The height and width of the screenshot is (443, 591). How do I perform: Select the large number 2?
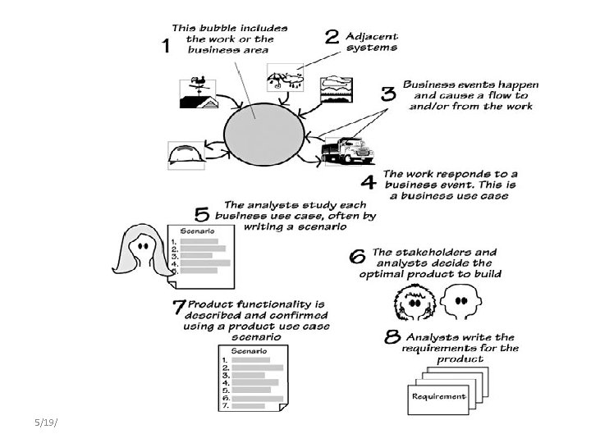click(332, 37)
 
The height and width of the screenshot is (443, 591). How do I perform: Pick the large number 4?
click(369, 180)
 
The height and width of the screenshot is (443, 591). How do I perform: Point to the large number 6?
click(358, 257)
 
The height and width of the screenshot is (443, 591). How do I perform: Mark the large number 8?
click(392, 337)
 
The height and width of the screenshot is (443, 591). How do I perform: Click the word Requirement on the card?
click(438, 396)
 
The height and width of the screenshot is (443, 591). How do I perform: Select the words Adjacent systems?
click(372, 42)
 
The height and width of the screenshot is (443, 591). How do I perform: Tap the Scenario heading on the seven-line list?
click(247, 350)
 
